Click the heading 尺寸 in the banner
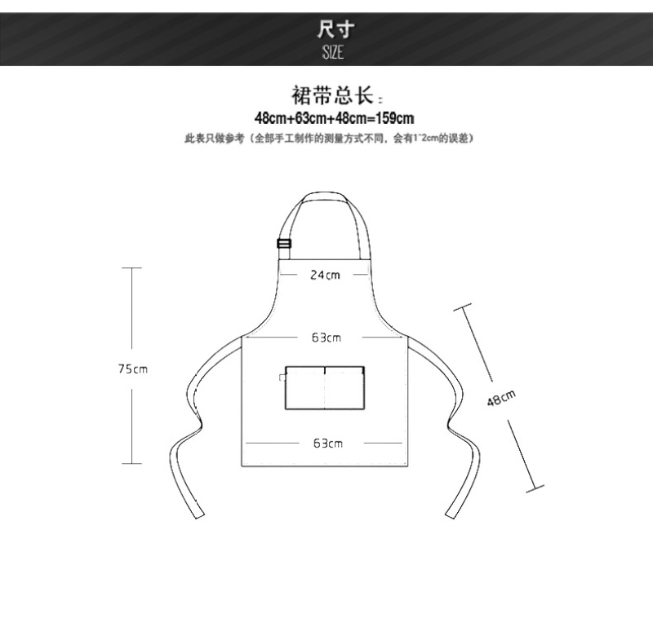331,29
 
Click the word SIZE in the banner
331,52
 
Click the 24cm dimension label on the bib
325,275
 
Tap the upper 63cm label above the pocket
326,337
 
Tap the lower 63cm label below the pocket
326,444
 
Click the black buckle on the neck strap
284,243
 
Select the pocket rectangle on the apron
324,387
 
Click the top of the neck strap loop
328,196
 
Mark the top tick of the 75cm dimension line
131,267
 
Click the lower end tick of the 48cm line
535,489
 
